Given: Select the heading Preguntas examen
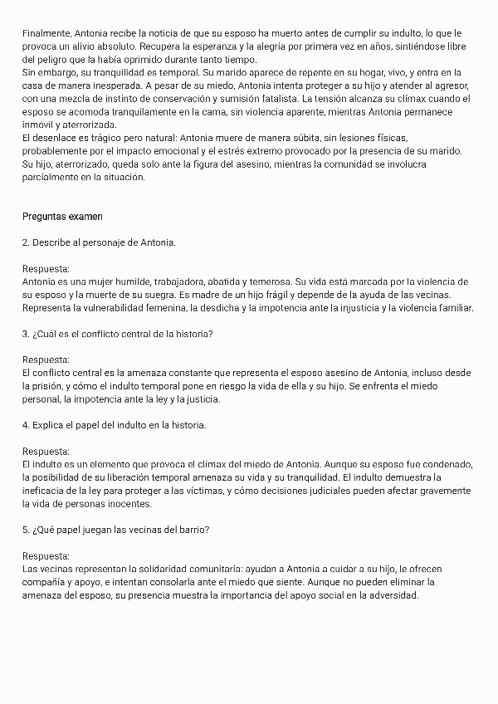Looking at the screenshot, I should coord(62,217).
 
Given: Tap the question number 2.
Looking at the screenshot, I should coord(25,242).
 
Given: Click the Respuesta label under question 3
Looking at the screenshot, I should coord(46,359).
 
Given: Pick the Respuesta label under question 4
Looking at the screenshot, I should coord(46,451).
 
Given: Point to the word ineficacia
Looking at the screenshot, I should coord(47,491).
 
